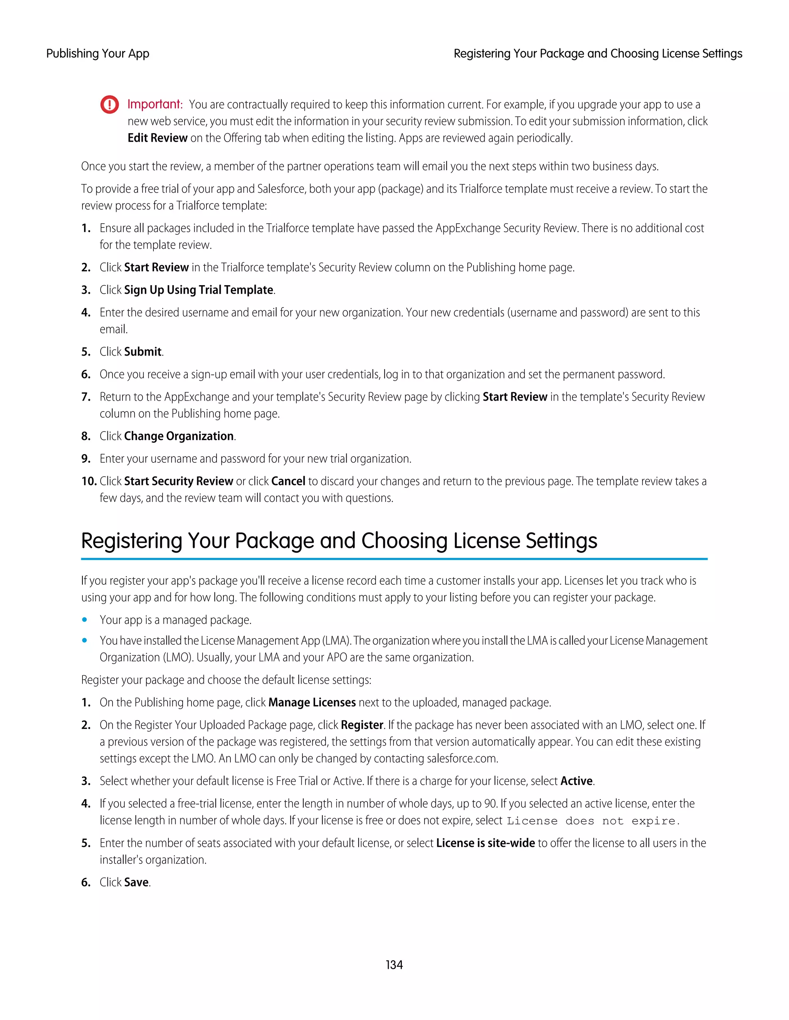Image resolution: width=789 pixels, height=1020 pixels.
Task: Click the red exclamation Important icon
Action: (109, 105)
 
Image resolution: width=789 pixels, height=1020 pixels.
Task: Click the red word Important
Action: (154, 104)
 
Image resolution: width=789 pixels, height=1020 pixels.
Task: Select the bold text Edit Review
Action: (158, 138)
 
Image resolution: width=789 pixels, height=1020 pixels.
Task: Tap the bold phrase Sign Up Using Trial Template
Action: (199, 290)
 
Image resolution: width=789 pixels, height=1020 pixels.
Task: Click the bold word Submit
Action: (143, 352)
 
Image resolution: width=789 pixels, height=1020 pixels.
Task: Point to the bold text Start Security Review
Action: (178, 481)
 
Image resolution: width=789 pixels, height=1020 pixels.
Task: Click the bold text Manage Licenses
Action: (312, 702)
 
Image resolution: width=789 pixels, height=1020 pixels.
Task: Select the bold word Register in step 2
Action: (362, 725)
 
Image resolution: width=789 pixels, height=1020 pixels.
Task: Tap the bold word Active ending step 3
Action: (576, 781)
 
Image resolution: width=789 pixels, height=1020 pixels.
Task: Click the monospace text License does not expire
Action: (593, 821)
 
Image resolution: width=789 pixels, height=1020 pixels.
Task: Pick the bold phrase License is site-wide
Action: (485, 843)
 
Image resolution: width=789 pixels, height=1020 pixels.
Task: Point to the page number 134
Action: (394, 965)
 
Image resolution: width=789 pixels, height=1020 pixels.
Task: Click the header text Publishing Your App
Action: (98, 54)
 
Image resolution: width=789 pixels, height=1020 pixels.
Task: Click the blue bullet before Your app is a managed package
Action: (85, 620)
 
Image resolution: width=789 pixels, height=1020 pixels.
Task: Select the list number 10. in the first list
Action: (88, 481)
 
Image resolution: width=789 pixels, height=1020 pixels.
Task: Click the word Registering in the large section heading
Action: (131, 541)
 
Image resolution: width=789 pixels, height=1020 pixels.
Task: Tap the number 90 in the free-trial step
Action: (490, 804)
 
